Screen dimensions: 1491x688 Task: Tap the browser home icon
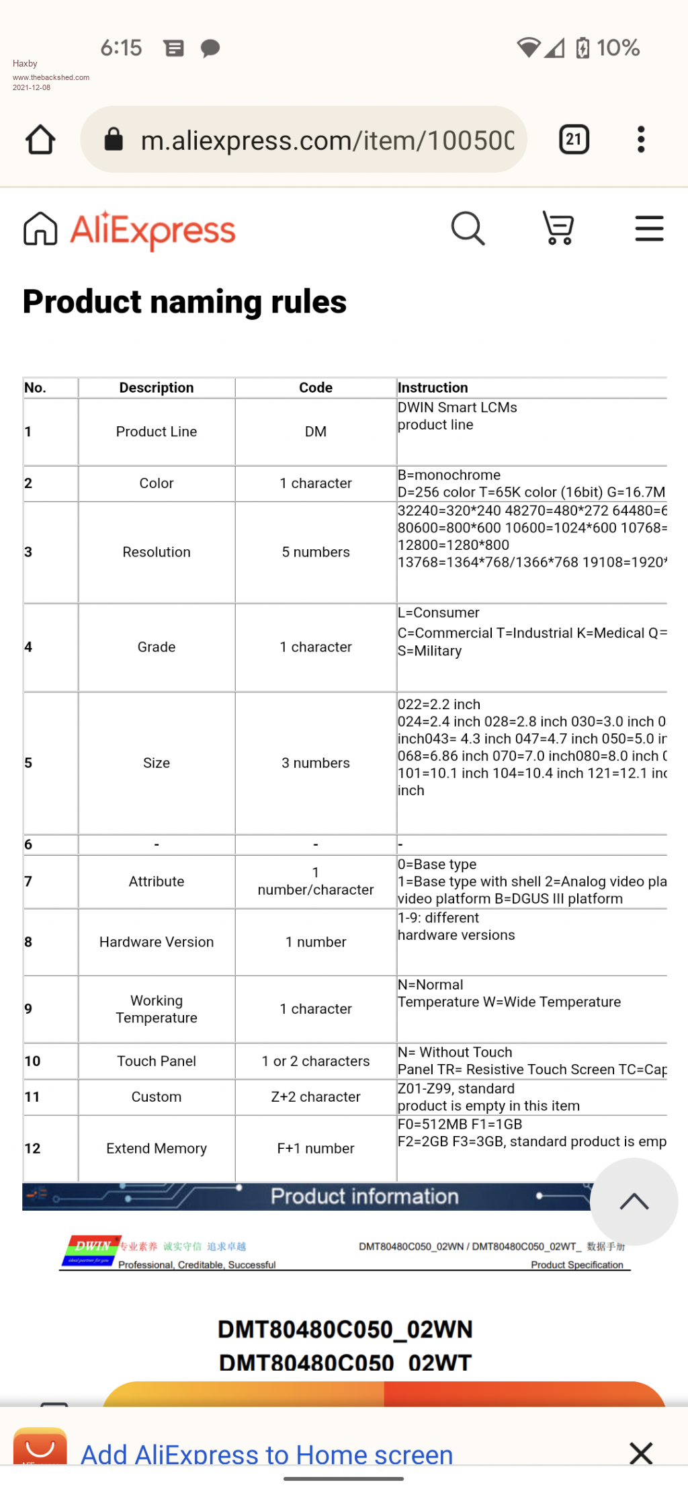tap(40, 140)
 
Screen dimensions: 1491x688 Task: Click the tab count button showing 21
tap(574, 140)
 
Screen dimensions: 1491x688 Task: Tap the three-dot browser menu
tap(641, 140)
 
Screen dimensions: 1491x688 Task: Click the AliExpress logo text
tap(153, 231)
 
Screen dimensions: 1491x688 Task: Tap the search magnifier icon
tap(468, 229)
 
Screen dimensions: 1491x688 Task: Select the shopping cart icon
tap(558, 229)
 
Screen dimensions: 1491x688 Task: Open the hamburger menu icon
tap(649, 229)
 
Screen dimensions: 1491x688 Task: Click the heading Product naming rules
tap(185, 302)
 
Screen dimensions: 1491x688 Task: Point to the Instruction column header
tap(433, 388)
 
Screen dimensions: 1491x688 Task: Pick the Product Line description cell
tap(157, 432)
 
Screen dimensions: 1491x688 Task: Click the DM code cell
tap(316, 432)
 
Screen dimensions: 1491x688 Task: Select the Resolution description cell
tap(157, 552)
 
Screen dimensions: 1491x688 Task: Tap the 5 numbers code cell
tap(316, 552)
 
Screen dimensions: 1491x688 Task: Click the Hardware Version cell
tap(157, 942)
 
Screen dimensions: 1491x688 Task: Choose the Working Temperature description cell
tap(157, 1009)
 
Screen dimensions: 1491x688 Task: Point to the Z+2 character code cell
tap(316, 1096)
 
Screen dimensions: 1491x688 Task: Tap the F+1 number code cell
tap(316, 1148)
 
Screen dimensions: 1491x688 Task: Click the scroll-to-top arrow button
tap(634, 1201)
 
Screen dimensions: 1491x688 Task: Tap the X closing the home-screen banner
tap(641, 1453)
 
